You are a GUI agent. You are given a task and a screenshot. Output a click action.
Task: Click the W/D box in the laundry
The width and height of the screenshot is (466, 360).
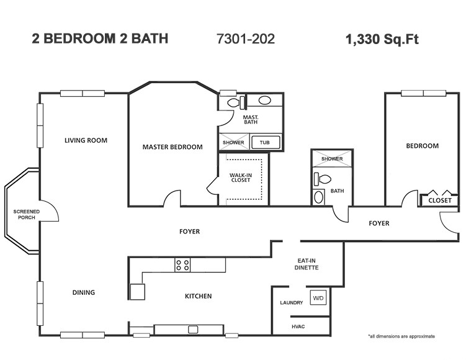[318, 297]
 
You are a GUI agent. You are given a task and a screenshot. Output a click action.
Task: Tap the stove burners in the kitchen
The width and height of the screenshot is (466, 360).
[182, 265]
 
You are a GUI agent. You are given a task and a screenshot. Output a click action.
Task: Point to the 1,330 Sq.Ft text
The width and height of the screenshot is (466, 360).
[382, 40]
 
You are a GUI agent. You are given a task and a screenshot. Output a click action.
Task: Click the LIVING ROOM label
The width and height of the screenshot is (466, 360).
[86, 140]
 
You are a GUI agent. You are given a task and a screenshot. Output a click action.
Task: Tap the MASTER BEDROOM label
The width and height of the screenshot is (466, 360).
[173, 147]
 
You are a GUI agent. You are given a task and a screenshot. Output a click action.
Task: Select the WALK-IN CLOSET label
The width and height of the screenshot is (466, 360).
[240, 178]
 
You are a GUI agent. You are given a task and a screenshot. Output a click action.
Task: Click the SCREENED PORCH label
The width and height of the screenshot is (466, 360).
[27, 215]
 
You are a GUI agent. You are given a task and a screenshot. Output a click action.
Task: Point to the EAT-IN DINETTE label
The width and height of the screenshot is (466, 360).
[307, 264]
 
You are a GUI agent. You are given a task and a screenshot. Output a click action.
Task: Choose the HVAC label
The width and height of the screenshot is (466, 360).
[298, 326]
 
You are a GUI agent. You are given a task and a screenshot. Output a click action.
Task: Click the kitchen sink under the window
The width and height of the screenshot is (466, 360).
[193, 330]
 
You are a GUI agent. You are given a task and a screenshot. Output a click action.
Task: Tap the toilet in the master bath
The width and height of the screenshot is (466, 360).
[233, 103]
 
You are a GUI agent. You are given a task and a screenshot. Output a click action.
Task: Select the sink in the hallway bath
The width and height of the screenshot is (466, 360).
[319, 197]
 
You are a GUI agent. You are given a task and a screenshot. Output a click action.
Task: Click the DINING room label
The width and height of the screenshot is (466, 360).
[83, 292]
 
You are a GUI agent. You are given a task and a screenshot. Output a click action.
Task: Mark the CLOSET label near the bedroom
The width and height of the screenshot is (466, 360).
[439, 200]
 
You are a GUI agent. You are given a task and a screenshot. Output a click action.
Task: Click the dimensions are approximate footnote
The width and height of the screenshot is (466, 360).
[401, 336]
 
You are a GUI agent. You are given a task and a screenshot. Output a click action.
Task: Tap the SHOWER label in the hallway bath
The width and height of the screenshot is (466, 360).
[332, 159]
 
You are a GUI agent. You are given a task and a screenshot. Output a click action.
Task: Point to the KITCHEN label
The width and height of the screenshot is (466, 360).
[198, 296]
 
